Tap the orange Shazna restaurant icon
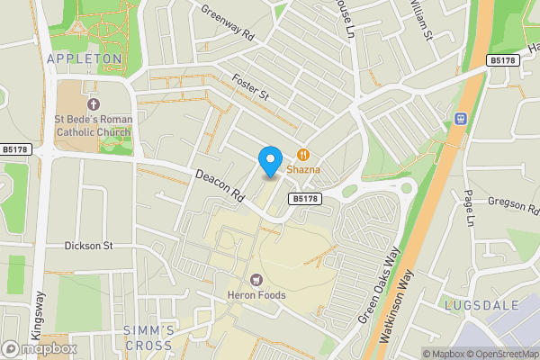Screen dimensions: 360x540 302,154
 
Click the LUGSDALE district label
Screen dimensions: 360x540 481,306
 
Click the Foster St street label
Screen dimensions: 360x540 251,86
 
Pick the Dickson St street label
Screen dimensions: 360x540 87,245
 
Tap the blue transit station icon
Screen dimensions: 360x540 462,118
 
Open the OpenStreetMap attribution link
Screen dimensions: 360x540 504,354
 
